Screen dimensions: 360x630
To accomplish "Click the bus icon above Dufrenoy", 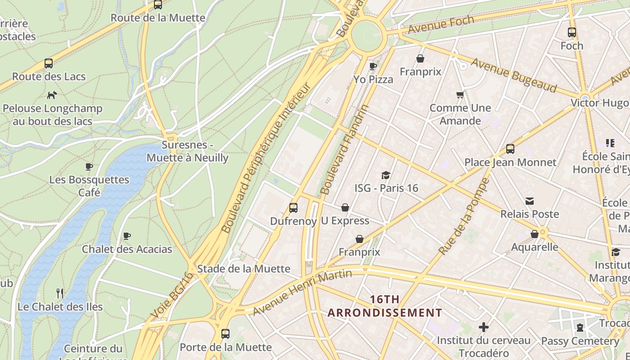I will click(x=293, y=207).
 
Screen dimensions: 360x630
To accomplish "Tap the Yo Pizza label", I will click(x=373, y=80).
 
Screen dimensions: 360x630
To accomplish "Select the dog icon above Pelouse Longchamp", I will click(x=52, y=95).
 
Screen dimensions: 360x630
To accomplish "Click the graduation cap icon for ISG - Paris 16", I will click(x=386, y=175).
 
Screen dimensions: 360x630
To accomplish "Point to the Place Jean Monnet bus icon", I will click(x=510, y=149).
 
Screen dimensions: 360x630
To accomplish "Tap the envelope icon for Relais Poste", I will click(x=530, y=201).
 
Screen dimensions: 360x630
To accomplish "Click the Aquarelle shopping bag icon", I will click(x=535, y=234).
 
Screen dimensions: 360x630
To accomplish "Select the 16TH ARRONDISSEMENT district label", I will click(x=385, y=306).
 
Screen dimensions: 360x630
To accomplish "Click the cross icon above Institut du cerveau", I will click(x=484, y=327).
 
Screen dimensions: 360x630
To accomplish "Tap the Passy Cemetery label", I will click(x=580, y=341).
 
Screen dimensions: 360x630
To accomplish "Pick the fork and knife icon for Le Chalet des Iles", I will click(x=60, y=293).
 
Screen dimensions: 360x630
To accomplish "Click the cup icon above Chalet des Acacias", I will click(x=127, y=236).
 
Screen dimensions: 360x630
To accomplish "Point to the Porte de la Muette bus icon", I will click(x=225, y=334).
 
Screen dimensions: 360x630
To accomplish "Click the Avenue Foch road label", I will click(x=441, y=25).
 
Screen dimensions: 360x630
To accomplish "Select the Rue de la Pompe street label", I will click(x=463, y=216).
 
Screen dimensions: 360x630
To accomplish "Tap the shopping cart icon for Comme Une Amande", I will click(x=460, y=95).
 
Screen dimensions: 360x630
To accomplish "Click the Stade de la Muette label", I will click(x=244, y=269).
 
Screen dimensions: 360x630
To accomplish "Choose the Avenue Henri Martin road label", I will click(x=302, y=292).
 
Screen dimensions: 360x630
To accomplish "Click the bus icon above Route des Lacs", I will click(x=49, y=63).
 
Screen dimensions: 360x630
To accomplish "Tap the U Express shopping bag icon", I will click(x=345, y=207).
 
